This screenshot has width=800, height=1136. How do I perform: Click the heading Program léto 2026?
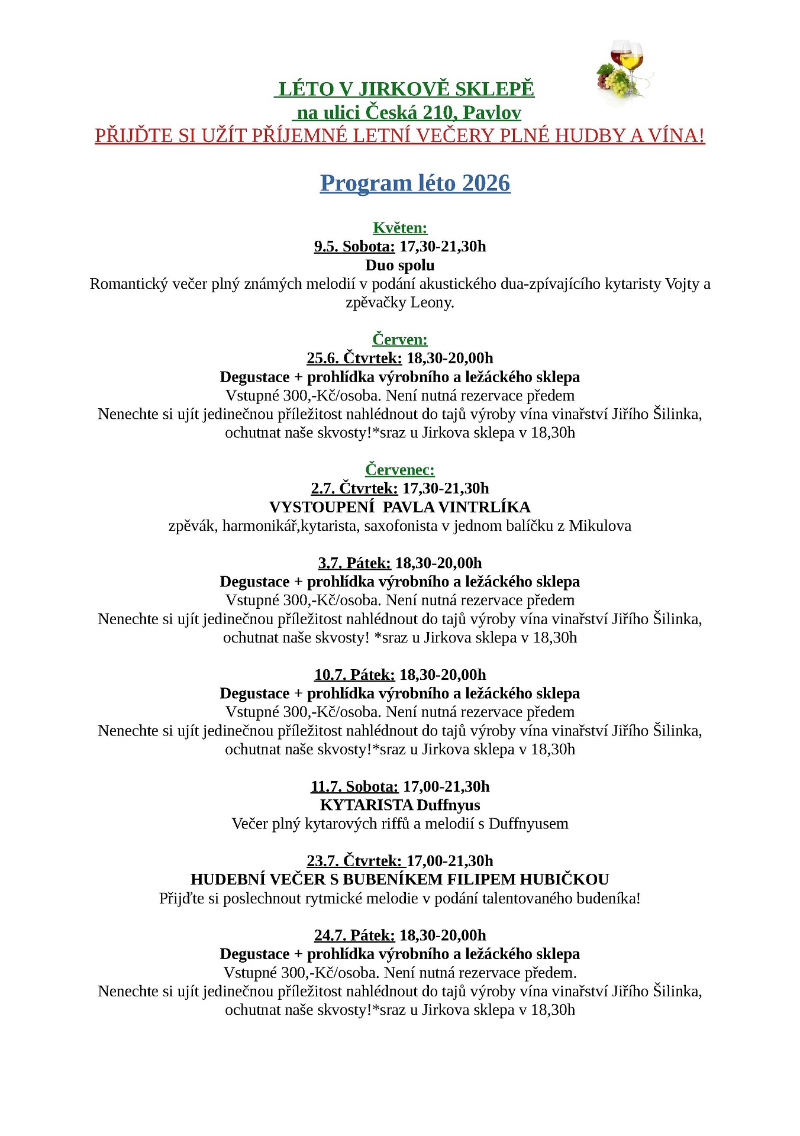(415, 183)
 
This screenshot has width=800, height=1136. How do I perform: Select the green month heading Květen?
(400, 228)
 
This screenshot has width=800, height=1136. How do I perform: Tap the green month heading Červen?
(400, 340)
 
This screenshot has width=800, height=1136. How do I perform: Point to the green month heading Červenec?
(400, 470)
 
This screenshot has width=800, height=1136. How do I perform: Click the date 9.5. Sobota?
(354, 247)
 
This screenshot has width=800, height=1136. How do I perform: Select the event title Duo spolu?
(400, 265)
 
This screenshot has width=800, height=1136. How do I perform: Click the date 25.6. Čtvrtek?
(354, 359)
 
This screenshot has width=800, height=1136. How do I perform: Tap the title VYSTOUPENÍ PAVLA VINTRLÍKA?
(400, 507)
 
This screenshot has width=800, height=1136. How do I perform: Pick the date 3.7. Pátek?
(354, 563)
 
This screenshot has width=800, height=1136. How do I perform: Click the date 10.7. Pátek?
(354, 675)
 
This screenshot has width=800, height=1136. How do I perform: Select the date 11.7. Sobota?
(354, 787)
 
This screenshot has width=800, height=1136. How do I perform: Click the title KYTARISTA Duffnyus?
(400, 805)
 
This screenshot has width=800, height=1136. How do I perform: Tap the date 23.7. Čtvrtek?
(354, 861)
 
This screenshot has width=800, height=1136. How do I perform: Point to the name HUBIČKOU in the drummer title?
(564, 880)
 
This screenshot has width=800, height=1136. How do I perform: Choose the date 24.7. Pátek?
(354, 935)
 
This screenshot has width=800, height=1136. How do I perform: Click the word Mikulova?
(600, 526)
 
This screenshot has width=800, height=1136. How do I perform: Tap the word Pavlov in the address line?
(492, 112)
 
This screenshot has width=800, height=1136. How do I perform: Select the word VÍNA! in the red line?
(677, 135)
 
